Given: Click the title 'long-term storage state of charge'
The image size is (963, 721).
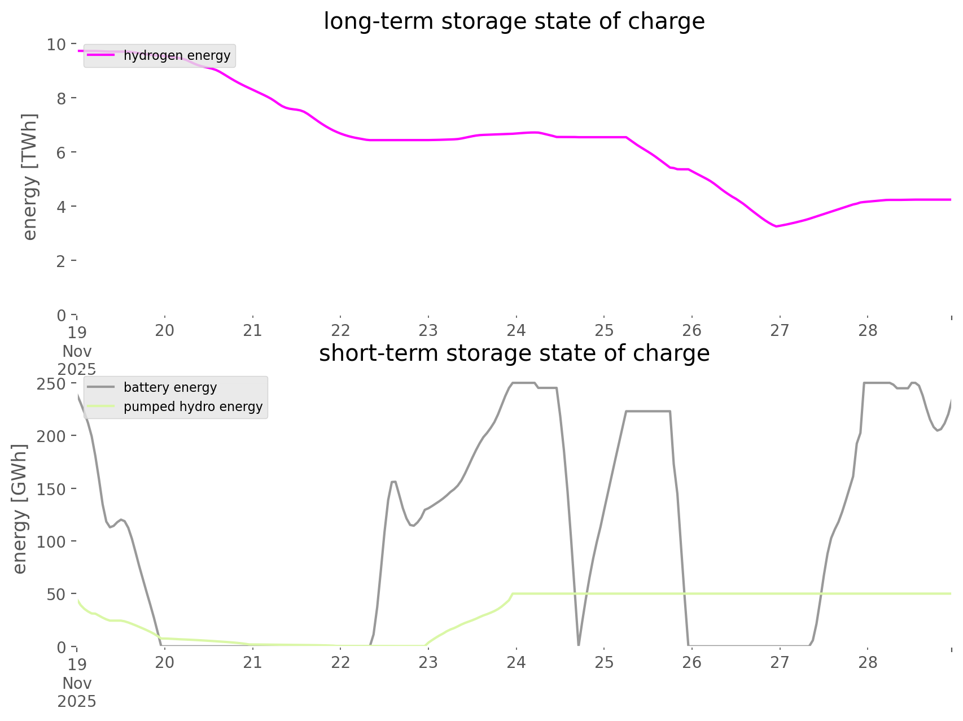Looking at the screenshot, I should (x=514, y=21).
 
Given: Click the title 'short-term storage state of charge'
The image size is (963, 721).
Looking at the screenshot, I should (x=514, y=353).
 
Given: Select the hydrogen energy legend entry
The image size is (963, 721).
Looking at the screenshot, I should (x=177, y=55).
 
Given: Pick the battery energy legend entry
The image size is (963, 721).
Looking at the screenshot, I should (x=170, y=387).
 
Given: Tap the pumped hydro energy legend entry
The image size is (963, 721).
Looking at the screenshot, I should (x=192, y=407).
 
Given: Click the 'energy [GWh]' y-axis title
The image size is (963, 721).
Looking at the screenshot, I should (x=20, y=509).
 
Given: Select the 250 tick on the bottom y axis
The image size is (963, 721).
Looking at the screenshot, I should (x=51, y=384).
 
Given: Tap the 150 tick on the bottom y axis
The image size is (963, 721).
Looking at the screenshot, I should (x=51, y=489).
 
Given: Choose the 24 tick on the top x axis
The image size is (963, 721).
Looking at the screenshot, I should (x=516, y=330).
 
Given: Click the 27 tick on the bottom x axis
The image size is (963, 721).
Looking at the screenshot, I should (x=780, y=662).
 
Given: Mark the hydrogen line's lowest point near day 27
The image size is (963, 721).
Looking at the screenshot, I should (x=777, y=226).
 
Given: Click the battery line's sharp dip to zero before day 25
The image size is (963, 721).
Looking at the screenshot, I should (x=579, y=644).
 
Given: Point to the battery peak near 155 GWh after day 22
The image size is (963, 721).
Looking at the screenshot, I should (x=393, y=482).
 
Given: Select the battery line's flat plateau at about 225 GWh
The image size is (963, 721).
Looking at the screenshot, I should (x=648, y=412).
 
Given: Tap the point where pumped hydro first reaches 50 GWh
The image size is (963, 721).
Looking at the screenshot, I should (x=513, y=594).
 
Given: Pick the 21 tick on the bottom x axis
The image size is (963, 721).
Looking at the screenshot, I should (x=252, y=662).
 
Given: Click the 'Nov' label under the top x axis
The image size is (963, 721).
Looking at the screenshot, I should (x=77, y=351).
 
